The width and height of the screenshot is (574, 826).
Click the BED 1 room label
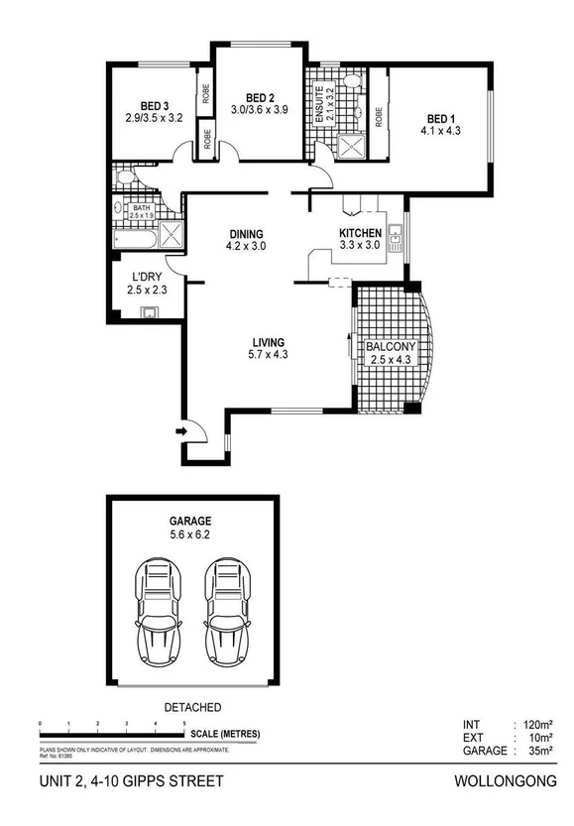pos(437,116)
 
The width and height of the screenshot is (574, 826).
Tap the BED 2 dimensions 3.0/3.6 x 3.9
pos(259,109)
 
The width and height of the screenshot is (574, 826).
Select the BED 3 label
pos(153,106)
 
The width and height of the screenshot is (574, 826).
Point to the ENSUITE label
pos(319,103)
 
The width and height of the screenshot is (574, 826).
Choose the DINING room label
pos(247,232)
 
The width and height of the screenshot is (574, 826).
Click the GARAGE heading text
pos(190,520)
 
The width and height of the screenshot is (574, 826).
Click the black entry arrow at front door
pos(180,431)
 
